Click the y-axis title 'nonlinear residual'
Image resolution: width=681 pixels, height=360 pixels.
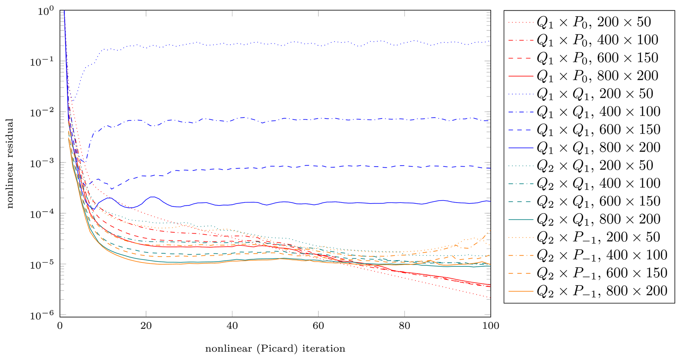tap(10, 164)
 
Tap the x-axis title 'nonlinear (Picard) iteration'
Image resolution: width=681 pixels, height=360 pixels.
tap(275, 348)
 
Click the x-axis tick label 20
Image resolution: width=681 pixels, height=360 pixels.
tap(146, 326)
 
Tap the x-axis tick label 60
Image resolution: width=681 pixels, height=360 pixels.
tap(318, 326)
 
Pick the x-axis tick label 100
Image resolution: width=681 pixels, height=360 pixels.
tap(491, 326)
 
